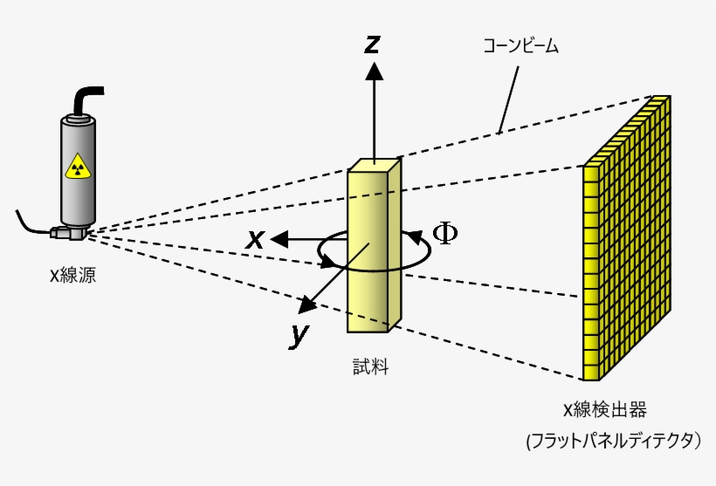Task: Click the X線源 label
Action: (x=72, y=277)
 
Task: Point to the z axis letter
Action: (x=373, y=44)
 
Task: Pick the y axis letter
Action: (x=299, y=334)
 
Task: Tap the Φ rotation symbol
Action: (x=445, y=233)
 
